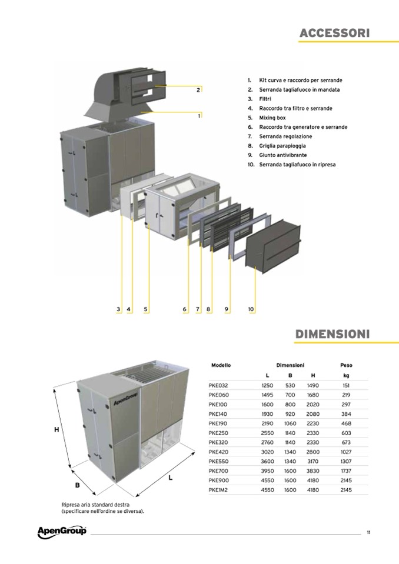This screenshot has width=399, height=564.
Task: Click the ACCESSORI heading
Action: [x=334, y=33]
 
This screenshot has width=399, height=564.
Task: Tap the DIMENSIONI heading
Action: [x=332, y=334]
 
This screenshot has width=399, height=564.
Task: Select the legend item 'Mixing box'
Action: [x=272, y=118]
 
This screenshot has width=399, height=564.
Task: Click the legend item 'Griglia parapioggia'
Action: [x=282, y=146]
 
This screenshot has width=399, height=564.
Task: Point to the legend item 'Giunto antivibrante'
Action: [x=283, y=155]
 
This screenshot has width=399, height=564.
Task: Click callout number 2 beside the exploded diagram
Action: [x=198, y=91]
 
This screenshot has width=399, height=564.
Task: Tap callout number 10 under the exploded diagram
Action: [x=251, y=309]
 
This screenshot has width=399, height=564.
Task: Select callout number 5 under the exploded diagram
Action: [x=146, y=309]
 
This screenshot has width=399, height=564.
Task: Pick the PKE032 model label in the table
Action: [x=218, y=385]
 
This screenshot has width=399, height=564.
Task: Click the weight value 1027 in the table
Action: [x=346, y=452]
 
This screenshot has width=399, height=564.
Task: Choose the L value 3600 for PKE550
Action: [x=267, y=461]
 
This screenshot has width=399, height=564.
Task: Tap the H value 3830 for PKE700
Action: [x=313, y=471]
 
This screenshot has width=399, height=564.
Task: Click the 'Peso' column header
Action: [x=346, y=365]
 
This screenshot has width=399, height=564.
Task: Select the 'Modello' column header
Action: [x=221, y=365]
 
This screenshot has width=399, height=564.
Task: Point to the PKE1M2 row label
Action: [x=218, y=490]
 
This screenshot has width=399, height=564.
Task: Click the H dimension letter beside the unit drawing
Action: [x=56, y=429]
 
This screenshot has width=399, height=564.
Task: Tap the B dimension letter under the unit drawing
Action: [x=77, y=485]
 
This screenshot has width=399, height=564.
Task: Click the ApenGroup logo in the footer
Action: [x=62, y=532]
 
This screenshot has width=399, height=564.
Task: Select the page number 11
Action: [x=368, y=532]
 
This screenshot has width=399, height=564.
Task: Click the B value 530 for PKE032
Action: [x=290, y=385]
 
